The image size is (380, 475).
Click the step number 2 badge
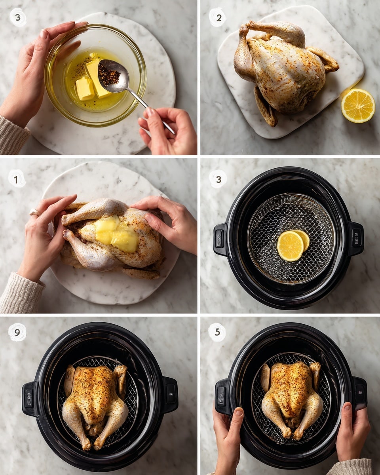(217, 17)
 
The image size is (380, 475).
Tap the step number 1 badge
(17, 179)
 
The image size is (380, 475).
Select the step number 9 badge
(17, 332)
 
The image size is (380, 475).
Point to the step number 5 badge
(217, 332)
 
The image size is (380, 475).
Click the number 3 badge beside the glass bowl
(18, 17)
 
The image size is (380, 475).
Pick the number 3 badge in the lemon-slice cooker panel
(218, 179)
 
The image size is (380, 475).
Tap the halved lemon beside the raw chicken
(358, 105)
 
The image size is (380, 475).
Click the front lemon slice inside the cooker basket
(290, 246)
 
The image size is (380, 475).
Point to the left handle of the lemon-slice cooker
(220, 239)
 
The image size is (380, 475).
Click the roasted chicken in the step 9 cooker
(95, 400)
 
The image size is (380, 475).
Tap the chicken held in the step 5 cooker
(292, 396)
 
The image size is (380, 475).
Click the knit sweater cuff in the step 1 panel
(20, 293)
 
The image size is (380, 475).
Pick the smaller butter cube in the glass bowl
(85, 88)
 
